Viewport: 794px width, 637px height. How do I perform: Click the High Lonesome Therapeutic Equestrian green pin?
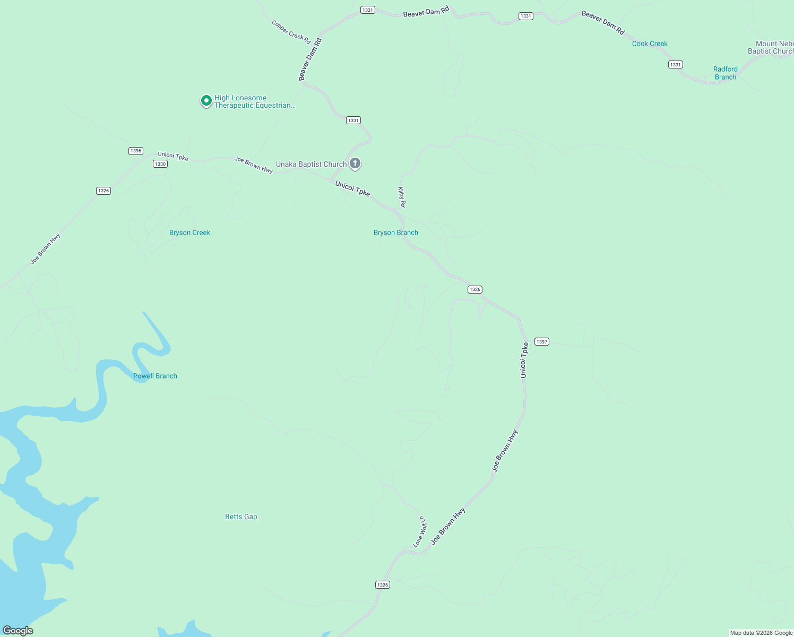[206, 100]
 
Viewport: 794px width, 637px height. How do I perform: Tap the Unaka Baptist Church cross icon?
[355, 163]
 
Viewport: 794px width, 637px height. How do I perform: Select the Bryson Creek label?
[189, 233]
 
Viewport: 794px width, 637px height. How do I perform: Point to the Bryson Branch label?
[395, 233]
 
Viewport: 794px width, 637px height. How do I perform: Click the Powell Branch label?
[155, 376]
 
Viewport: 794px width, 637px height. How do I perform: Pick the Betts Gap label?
[241, 517]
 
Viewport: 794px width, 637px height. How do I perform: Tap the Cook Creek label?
[650, 44]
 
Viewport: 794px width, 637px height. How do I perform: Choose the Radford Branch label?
[725, 73]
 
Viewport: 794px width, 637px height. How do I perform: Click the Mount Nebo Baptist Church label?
[773, 48]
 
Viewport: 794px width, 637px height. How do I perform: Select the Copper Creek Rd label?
[291, 32]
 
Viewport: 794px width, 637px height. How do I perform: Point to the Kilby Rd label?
[402, 197]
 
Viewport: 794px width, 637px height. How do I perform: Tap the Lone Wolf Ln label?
[420, 531]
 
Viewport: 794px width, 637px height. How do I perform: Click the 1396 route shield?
[136, 151]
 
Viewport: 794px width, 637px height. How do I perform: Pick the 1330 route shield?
[160, 164]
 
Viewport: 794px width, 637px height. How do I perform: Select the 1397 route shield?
[541, 342]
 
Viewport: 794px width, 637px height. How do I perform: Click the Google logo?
[18, 631]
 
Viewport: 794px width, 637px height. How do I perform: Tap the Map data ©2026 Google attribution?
[761, 633]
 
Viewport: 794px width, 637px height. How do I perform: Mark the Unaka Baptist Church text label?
[311, 164]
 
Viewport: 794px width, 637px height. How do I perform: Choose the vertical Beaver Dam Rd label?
[310, 59]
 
